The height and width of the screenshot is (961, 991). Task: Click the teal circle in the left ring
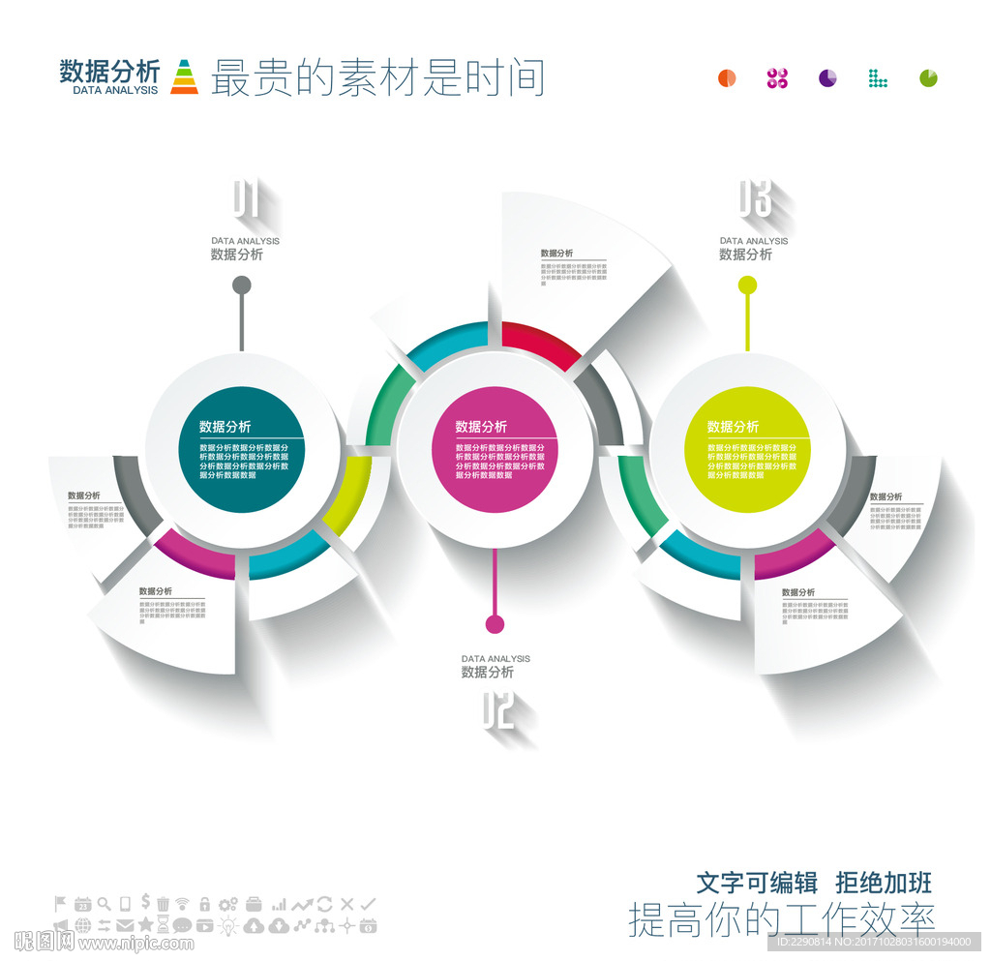point(242,450)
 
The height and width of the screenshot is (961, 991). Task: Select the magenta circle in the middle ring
point(494,450)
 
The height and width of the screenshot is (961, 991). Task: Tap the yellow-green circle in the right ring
point(746,450)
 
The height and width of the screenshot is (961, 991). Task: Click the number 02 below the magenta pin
point(496,712)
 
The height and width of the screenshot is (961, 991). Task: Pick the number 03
point(755,199)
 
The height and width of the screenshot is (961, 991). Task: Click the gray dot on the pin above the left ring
point(242,285)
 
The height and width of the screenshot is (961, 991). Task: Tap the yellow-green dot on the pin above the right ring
point(747,285)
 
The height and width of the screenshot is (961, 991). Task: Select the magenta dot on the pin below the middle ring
point(495,623)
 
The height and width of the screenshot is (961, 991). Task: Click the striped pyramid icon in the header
point(184,76)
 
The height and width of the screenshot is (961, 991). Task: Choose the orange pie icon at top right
point(727,78)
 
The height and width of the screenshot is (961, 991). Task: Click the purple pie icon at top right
point(827,78)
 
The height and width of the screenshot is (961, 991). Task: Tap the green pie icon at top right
point(928,78)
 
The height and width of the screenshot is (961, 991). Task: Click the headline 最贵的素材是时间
point(377,77)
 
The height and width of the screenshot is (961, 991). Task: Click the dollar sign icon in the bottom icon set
point(144,901)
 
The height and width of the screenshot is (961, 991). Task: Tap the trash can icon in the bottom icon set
point(164,904)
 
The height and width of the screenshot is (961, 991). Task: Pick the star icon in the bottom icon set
point(145,925)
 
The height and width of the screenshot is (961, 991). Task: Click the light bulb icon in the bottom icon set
point(228,926)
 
